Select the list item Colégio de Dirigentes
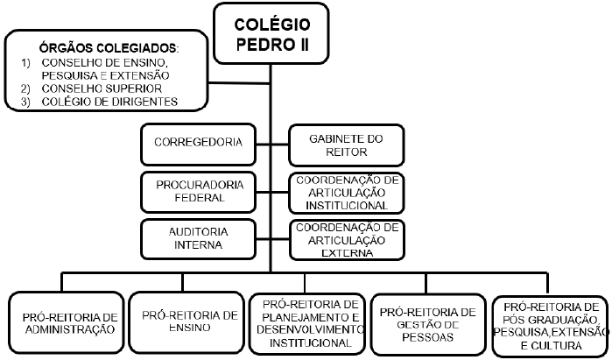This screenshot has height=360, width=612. pos(104,102)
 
